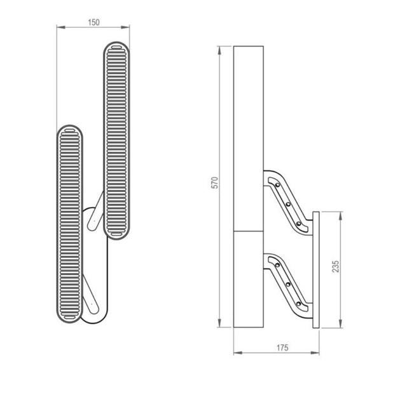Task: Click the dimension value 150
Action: coord(93,22)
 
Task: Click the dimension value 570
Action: coord(215,182)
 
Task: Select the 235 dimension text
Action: coord(336,267)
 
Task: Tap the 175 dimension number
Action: coord(282,347)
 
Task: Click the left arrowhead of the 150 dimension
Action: coord(61,27)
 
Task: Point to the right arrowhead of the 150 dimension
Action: coord(125,27)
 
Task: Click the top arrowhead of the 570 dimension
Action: coord(219,51)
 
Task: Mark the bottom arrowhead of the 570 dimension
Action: coord(219,323)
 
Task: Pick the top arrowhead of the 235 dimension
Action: coord(341,216)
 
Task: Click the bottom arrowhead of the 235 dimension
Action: coord(341,323)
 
